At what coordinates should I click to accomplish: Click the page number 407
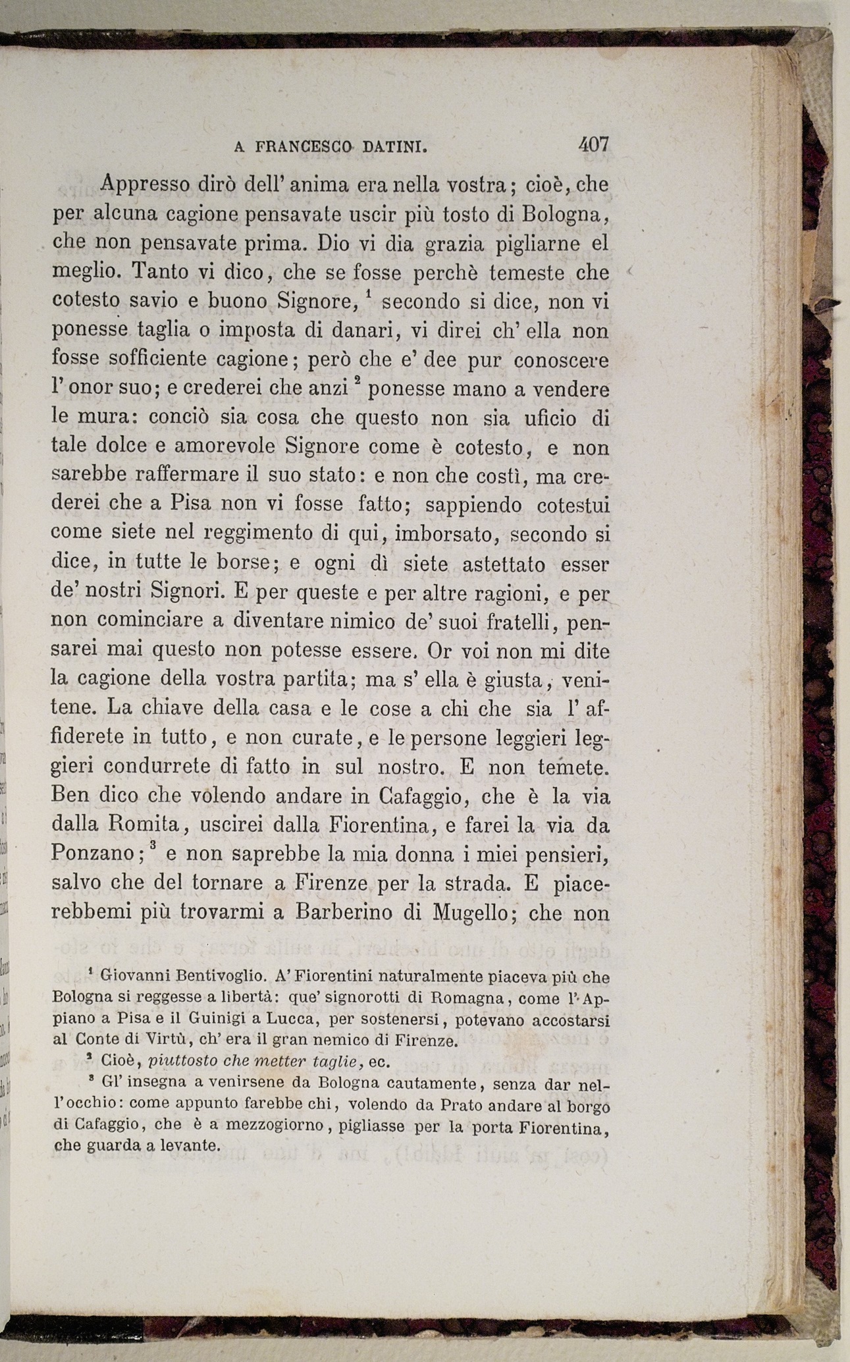coord(593,144)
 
